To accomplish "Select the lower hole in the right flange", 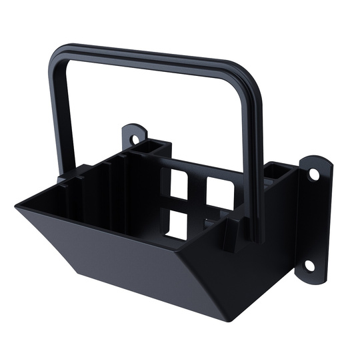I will [x=309, y=264].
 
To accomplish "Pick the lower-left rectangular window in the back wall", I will [x=177, y=224].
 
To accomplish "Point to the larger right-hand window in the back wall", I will [x=219, y=192].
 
